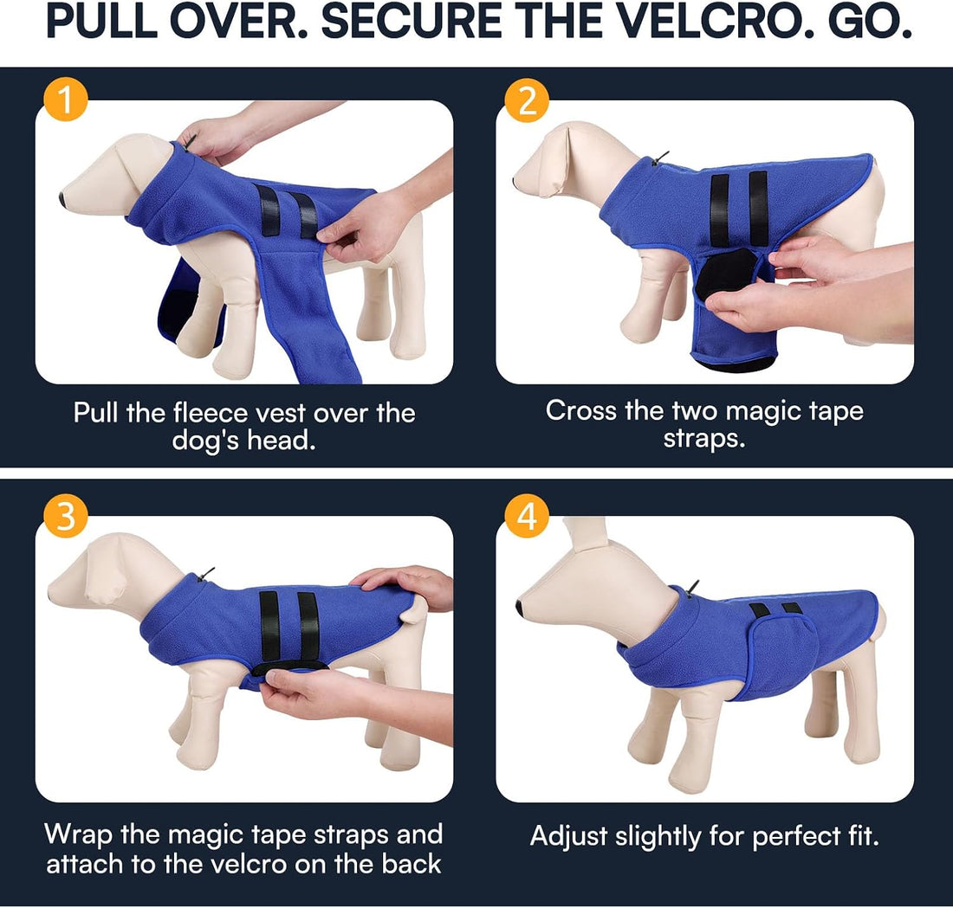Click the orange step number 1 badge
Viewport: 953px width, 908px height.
coord(66,100)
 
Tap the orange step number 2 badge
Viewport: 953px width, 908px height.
coord(527,100)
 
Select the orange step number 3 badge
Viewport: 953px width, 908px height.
coord(66,516)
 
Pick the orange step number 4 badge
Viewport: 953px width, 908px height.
coord(527,516)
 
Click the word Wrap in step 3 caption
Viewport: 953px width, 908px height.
coord(78,834)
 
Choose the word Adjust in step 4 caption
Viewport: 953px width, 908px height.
coord(568,837)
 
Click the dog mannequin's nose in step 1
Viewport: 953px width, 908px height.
coord(63,198)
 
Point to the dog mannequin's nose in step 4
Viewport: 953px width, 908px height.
coord(521,607)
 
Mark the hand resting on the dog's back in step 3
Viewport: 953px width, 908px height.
coord(405,585)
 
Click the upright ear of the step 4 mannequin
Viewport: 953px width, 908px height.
coord(584,534)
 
